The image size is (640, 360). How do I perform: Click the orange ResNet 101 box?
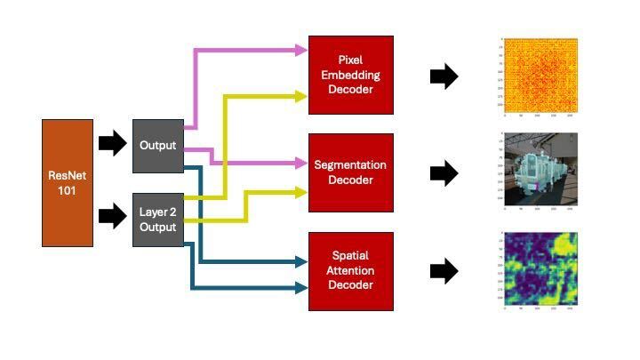click(68, 183)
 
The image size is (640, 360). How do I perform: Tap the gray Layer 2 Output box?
click(158, 219)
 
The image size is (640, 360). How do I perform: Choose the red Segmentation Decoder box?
click(350, 172)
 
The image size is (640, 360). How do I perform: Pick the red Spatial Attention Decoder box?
click(350, 270)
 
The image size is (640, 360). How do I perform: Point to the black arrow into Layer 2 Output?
click(112, 214)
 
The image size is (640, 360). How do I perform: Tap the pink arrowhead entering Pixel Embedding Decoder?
click(300, 49)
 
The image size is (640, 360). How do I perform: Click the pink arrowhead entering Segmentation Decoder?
click(300, 164)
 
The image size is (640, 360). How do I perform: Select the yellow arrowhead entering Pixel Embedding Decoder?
click(300, 95)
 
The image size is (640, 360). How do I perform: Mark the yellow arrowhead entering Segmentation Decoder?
click(300, 189)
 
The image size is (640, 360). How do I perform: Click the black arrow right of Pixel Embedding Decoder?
click(444, 77)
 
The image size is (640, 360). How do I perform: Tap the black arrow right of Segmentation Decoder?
click(444, 173)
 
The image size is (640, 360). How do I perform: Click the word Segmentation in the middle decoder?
click(350, 165)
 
